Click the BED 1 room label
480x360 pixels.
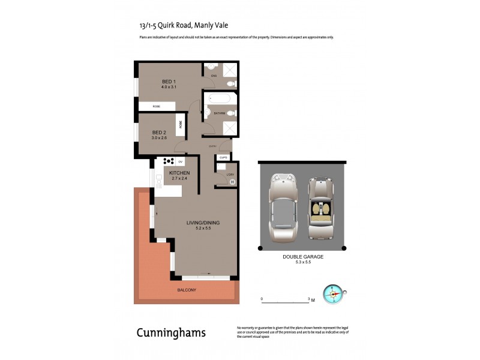[168, 82]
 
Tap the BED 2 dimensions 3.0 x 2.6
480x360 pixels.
[159, 137]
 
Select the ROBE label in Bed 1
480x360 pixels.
[157, 106]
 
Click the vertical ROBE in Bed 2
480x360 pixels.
[179, 125]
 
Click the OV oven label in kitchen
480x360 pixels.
[179, 161]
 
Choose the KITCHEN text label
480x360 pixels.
[171, 173]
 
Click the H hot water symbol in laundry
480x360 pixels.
[232, 182]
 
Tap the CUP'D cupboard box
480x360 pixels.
[223, 158]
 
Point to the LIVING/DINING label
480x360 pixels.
[202, 223]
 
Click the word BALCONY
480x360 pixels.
[186, 290]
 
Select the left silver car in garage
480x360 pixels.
[283, 207]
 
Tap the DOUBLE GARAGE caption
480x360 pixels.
[303, 256]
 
